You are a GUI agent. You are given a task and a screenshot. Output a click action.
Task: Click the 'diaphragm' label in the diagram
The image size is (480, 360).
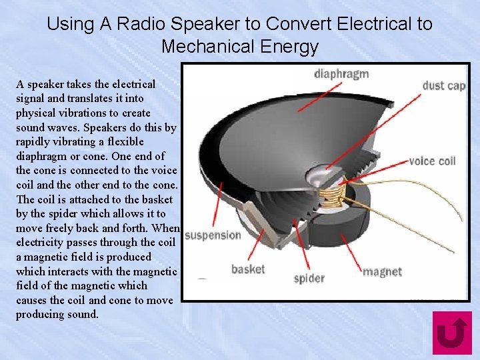[341, 73]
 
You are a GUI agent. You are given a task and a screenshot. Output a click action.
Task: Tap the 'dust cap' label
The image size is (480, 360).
[443, 85]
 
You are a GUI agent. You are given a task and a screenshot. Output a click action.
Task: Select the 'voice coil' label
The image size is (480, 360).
[431, 161]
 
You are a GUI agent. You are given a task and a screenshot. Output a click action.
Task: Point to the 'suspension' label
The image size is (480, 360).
[213, 235]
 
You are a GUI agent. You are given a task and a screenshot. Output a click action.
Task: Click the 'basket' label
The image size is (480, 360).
[248, 269]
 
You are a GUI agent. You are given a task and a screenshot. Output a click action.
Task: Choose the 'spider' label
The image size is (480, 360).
[309, 278]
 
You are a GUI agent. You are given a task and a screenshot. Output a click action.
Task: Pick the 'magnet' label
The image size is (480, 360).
[382, 271]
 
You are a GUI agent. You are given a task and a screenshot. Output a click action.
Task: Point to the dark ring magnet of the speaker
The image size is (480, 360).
[365, 220]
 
